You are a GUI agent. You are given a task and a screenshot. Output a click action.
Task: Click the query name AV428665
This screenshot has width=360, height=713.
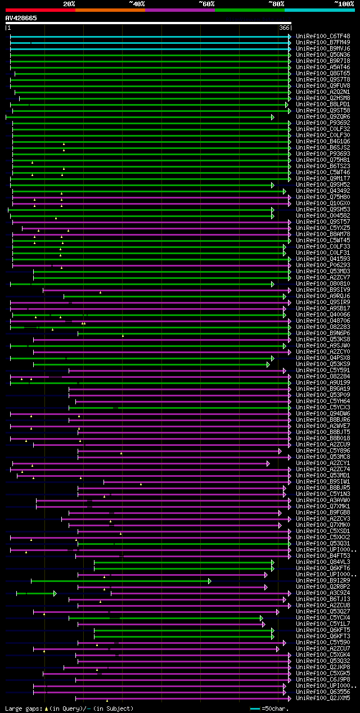click(x=21, y=18)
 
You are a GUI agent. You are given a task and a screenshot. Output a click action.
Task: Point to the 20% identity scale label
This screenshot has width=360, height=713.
click(x=69, y=3)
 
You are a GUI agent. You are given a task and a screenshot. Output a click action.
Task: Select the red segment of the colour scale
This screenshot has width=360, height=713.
click(x=40, y=10)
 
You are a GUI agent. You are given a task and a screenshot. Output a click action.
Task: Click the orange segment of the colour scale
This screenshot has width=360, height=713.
click(x=110, y=10)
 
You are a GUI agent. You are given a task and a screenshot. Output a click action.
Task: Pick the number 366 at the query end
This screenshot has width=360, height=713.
click(x=284, y=28)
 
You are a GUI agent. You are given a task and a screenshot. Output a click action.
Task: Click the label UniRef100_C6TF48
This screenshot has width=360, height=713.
click(x=323, y=36)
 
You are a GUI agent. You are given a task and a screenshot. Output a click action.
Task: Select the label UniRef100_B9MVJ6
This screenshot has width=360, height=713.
click(x=323, y=48)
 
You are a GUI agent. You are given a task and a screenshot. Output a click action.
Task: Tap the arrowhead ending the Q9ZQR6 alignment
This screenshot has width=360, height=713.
click(x=272, y=117)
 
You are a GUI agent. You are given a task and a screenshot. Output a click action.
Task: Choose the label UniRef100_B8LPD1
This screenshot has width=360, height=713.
click(x=323, y=104)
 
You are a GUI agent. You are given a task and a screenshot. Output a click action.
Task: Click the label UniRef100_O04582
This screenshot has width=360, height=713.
click(x=323, y=215)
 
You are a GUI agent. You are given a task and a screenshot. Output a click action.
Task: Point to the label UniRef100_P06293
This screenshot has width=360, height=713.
click(x=323, y=265)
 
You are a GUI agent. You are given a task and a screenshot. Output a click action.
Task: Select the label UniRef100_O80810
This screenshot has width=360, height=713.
click(x=323, y=283)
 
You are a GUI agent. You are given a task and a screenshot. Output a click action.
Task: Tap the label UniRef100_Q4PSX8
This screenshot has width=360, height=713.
click(x=323, y=358)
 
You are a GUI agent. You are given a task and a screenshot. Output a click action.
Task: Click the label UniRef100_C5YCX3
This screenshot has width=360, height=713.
click(x=323, y=407)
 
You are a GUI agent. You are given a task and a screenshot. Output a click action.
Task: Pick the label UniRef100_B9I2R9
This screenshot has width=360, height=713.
click(x=323, y=580)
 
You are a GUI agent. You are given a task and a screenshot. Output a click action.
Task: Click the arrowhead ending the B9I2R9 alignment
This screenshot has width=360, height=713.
click(x=210, y=581)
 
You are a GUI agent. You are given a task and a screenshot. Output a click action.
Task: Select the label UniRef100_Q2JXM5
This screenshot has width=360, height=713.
click(x=323, y=698)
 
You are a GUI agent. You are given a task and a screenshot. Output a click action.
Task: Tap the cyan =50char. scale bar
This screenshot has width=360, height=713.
click(x=255, y=709)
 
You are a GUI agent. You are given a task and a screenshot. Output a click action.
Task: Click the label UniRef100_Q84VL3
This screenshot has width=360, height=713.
click(x=323, y=562)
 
